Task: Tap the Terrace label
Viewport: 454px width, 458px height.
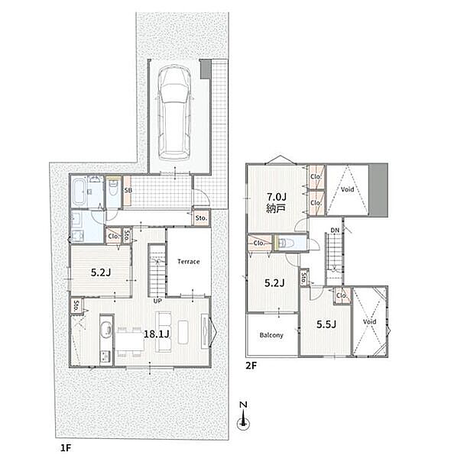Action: pyautogui.click(x=189, y=261)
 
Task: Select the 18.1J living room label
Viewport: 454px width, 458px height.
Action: pyautogui.click(x=157, y=334)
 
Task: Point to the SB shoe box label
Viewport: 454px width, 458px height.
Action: pyautogui.click(x=128, y=190)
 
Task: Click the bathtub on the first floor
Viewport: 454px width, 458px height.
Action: pyautogui.click(x=79, y=192)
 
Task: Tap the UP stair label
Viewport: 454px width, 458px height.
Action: pyautogui.click(x=157, y=300)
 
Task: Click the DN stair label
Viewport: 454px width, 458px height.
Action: pyautogui.click(x=335, y=231)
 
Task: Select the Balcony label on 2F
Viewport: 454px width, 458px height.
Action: pyautogui.click(x=271, y=335)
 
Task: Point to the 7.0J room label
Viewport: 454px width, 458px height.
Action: pyautogui.click(x=276, y=196)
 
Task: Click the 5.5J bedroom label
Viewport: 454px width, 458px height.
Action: pyautogui.click(x=326, y=324)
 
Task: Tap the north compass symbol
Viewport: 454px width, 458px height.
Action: pyautogui.click(x=243, y=416)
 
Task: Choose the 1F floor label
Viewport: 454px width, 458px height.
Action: pyautogui.click(x=66, y=448)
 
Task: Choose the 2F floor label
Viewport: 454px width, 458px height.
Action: pyautogui.click(x=251, y=366)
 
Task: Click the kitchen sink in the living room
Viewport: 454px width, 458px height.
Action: pyautogui.click(x=106, y=330)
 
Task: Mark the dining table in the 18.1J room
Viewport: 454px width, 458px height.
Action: pyautogui.click(x=130, y=341)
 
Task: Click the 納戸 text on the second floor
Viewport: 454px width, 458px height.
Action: pyautogui.click(x=276, y=208)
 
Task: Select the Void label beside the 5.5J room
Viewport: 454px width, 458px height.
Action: pyautogui.click(x=369, y=321)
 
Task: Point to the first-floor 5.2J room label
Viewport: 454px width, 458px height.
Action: pyautogui.click(x=101, y=273)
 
